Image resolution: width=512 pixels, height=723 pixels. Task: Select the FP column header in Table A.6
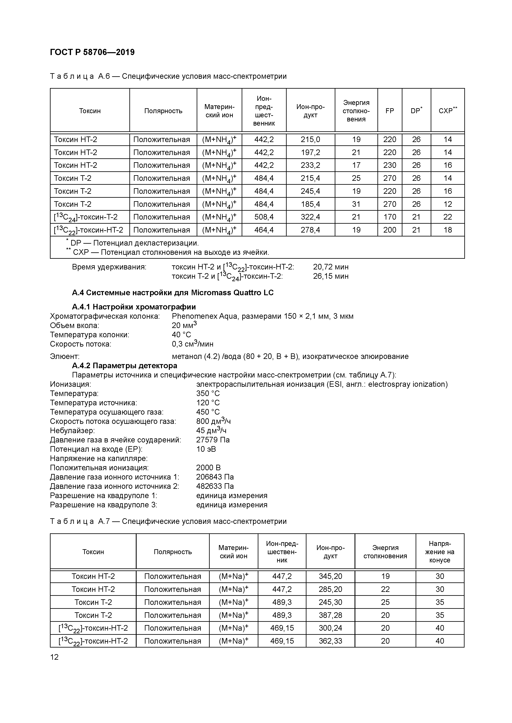pyautogui.click(x=389, y=111)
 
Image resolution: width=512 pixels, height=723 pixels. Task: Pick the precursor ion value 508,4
pyautogui.click(x=264, y=217)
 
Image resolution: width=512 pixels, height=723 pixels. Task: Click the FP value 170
pyautogui.click(x=389, y=217)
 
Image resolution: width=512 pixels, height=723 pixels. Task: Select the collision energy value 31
pyautogui.click(x=356, y=204)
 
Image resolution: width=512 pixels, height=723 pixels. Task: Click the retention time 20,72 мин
pyautogui.click(x=331, y=267)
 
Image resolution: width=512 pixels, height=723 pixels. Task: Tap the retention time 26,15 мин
pyautogui.click(x=331, y=276)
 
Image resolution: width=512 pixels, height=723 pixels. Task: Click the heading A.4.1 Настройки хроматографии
pyautogui.click(x=134, y=307)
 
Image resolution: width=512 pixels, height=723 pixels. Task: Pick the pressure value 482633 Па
pyautogui.click(x=215, y=486)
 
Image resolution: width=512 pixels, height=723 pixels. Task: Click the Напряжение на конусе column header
pyautogui.click(x=440, y=552)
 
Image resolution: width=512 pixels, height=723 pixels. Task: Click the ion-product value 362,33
pyautogui.click(x=330, y=641)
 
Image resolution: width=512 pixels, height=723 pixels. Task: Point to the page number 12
pyautogui.click(x=54, y=657)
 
